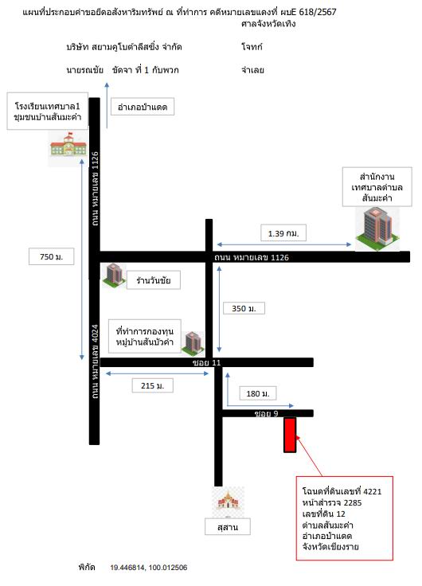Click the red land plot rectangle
290,435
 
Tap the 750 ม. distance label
51,256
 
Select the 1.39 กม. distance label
283,233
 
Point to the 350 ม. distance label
244,308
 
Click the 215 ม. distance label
153,385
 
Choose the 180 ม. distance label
257,393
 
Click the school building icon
68,145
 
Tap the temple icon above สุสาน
228,501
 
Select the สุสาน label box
228,526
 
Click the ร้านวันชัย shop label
153,280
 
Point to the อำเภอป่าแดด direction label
143,107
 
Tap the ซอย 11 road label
207,362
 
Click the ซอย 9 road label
267,413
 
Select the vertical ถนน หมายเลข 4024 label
95,361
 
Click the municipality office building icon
377,228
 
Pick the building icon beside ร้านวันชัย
115,275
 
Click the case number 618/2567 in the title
318,12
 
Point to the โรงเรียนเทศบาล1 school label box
48,111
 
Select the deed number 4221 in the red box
373,491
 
